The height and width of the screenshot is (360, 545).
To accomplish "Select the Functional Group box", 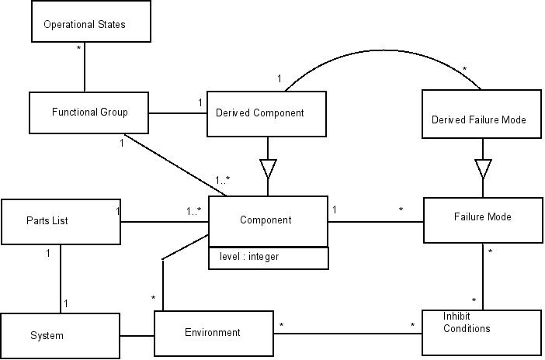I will pyautogui.click(x=89, y=112).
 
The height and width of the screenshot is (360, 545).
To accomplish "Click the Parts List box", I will pyautogui.click(x=60, y=221).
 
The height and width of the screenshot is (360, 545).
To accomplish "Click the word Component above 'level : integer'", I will pyautogui.click(x=266, y=220).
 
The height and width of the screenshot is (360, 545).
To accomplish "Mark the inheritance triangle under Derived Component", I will pyautogui.click(x=269, y=168).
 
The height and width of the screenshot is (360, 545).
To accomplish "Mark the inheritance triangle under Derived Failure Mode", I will pyautogui.click(x=483, y=168).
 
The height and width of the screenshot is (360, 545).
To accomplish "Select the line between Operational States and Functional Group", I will pyautogui.click(x=83, y=68).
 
